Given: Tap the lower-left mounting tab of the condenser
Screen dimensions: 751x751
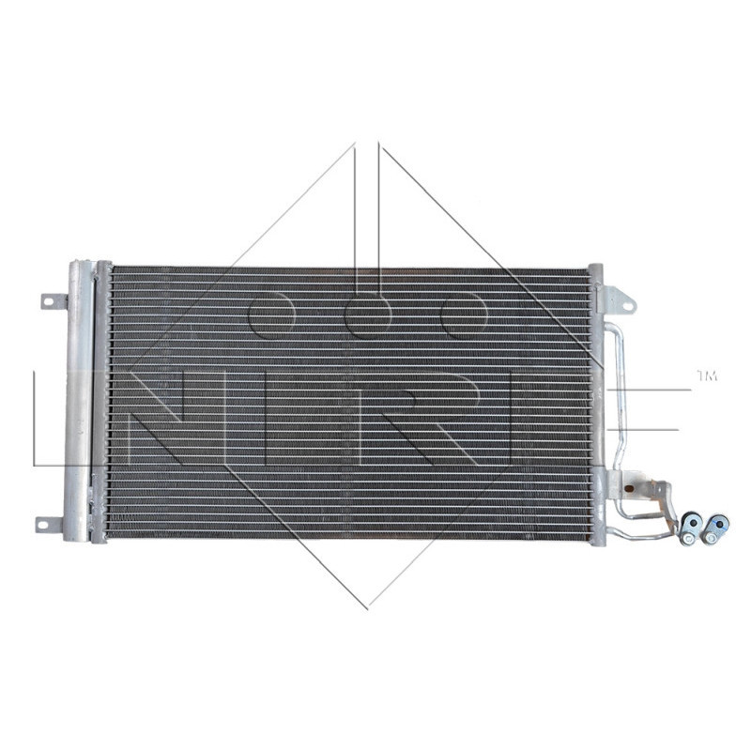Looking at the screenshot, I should (51, 523).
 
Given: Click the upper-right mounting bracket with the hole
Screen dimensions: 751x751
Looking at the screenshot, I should (618, 299).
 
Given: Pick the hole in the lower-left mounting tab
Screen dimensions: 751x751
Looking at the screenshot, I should (46, 523).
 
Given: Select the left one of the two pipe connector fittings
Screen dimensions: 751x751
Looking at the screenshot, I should (692, 526).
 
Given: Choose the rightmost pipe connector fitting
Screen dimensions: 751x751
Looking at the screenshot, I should (717, 527).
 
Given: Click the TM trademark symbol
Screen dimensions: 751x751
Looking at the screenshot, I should (706, 376).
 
